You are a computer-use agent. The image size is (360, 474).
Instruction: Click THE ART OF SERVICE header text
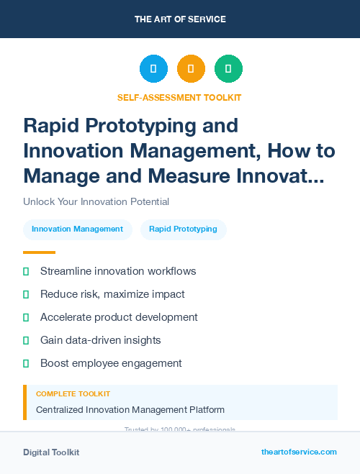[180, 19]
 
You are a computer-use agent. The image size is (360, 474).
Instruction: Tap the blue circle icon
[153, 69]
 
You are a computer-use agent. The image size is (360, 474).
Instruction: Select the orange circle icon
[191, 69]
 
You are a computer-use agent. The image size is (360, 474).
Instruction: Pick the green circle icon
[228, 69]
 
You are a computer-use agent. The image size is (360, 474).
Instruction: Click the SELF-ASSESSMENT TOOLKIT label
[179, 97]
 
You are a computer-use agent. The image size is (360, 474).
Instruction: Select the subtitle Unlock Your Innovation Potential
[96, 202]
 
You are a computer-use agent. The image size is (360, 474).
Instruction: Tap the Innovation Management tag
[77, 229]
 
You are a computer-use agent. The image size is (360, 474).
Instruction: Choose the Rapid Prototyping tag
[183, 229]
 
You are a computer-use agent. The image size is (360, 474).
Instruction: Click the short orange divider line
[39, 252]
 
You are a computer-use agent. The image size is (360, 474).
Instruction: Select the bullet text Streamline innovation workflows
[118, 271]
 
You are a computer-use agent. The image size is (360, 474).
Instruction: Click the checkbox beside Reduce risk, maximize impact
[26, 294]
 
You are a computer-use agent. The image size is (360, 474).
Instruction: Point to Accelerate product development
[119, 317]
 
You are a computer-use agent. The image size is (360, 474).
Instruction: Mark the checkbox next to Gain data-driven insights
[26, 340]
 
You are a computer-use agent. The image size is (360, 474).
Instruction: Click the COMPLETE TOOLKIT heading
[73, 394]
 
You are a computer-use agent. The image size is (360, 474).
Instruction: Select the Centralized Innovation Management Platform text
[130, 410]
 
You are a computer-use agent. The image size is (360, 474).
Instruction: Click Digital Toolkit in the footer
[51, 452]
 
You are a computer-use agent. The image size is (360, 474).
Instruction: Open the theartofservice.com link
[299, 452]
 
